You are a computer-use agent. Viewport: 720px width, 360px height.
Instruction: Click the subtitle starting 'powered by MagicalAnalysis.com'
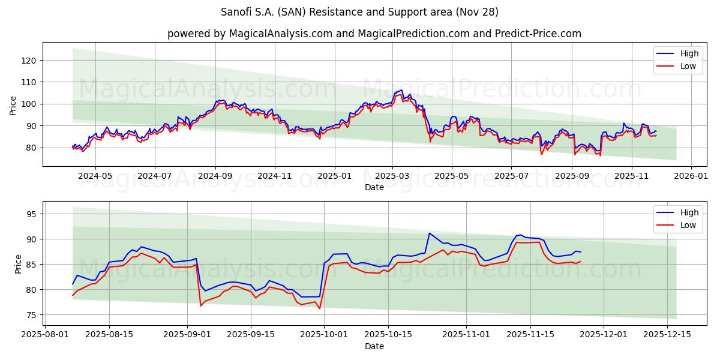click(374, 34)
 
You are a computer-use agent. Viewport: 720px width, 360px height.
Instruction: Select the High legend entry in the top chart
click(689, 53)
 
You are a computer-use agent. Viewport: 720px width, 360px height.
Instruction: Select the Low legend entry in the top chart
click(688, 67)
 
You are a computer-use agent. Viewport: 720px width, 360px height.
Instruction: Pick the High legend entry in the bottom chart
click(689, 212)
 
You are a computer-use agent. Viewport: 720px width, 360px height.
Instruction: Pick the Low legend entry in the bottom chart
click(688, 226)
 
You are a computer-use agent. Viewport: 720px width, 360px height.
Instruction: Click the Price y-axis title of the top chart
click(13, 105)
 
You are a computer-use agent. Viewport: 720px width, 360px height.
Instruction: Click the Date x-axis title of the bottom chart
click(374, 347)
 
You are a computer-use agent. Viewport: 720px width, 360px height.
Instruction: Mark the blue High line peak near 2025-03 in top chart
click(401, 90)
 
